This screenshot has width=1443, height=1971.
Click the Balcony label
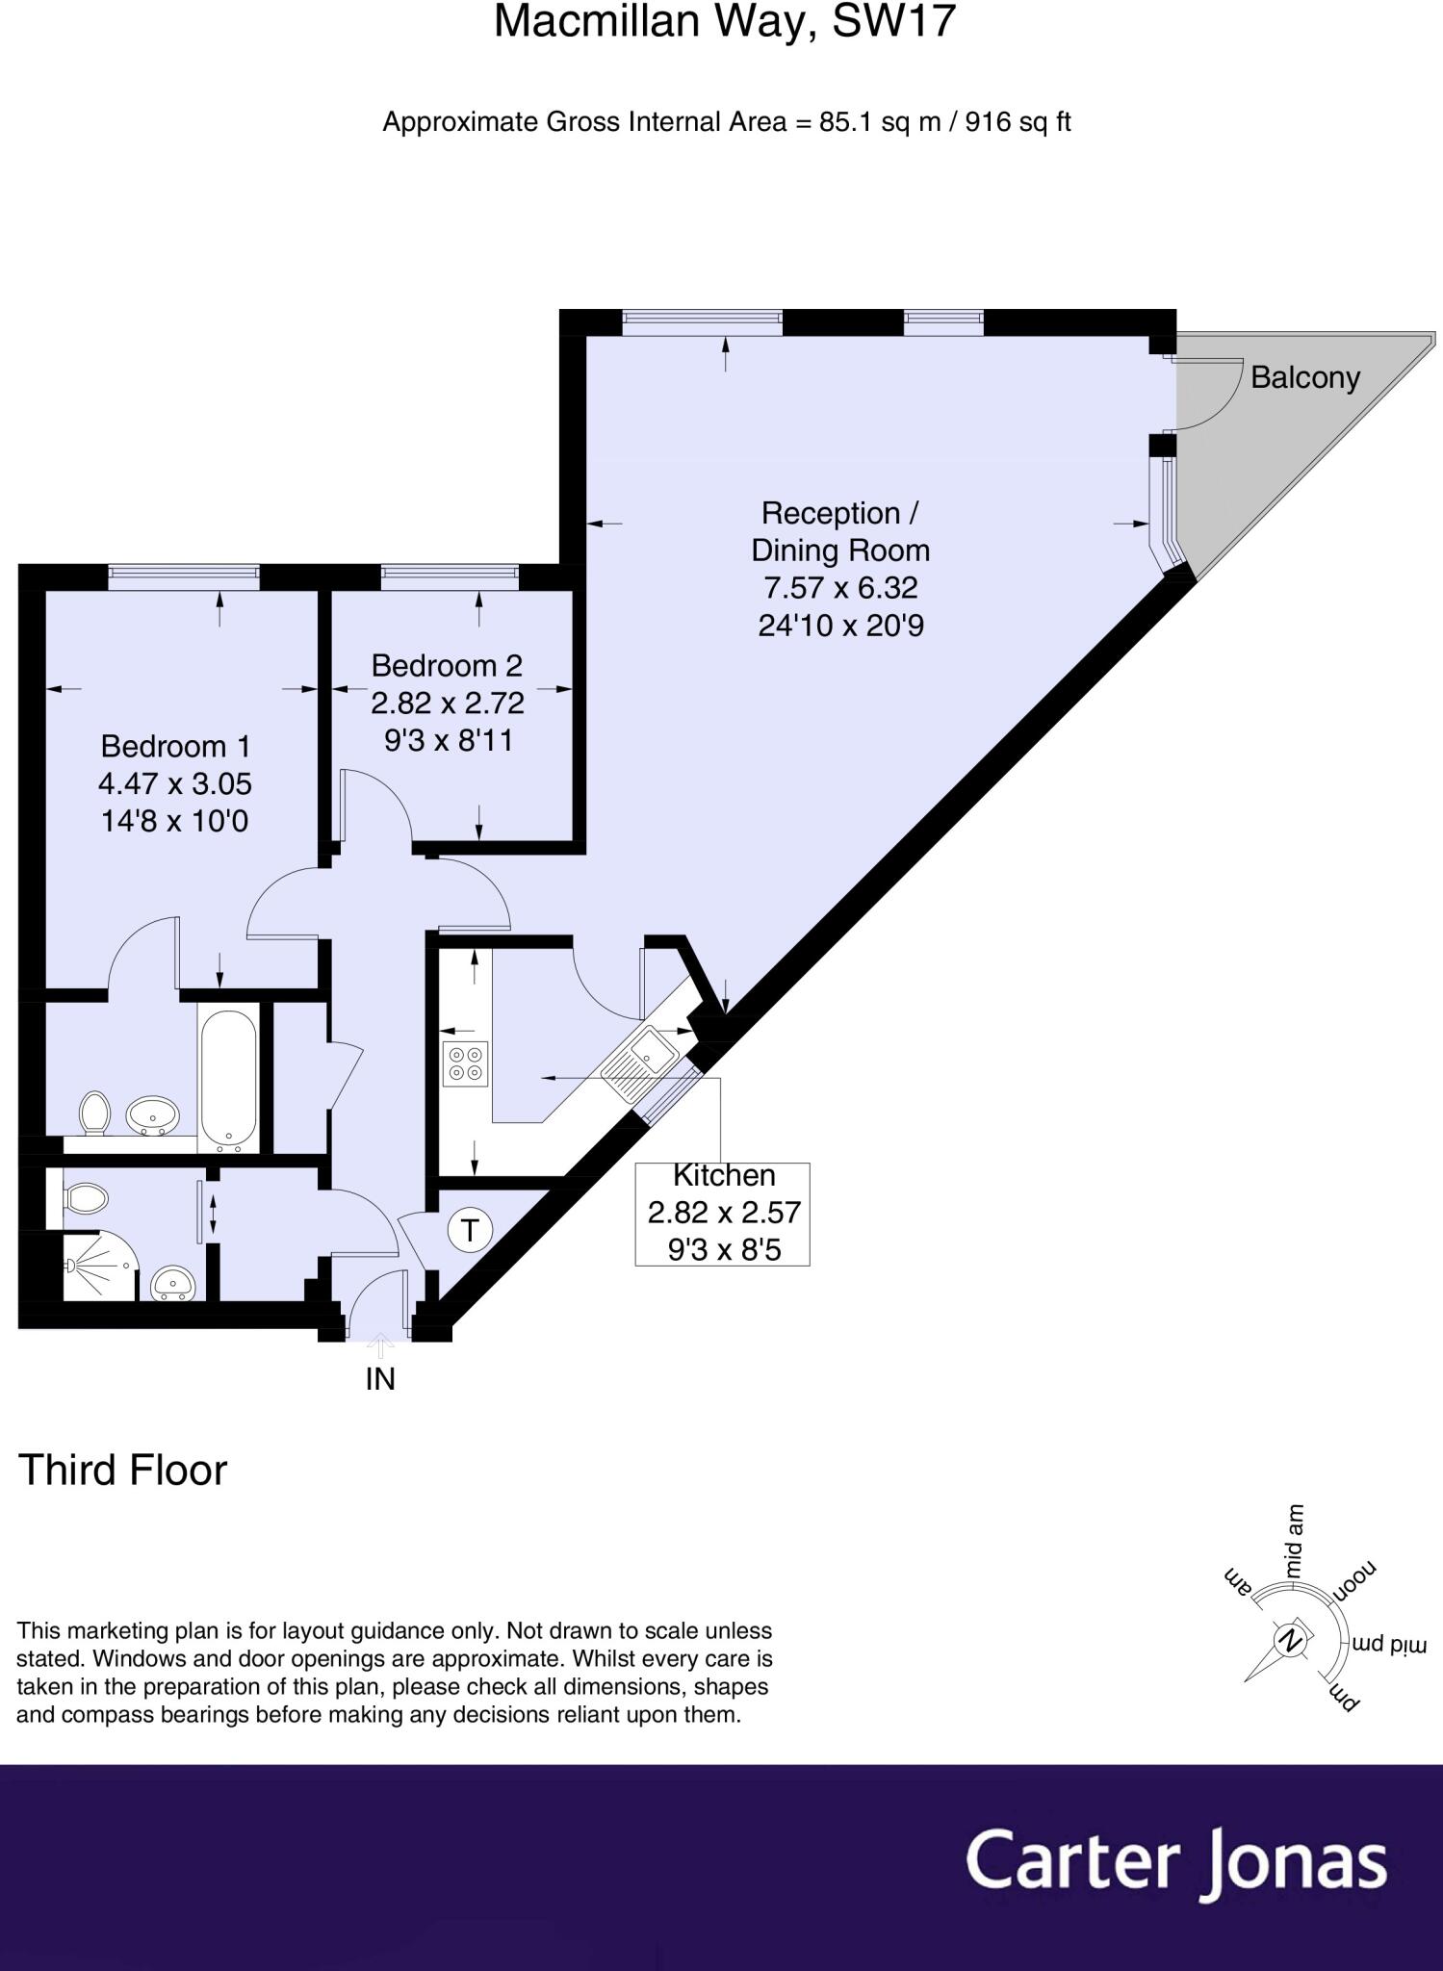[x=1304, y=377]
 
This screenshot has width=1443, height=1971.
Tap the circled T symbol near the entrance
[x=470, y=1230]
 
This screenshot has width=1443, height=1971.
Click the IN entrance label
[x=380, y=1379]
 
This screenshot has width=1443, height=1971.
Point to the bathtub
[x=228, y=1078]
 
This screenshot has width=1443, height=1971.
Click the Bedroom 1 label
[x=175, y=746]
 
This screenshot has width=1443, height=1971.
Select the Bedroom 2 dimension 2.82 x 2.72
[x=448, y=703]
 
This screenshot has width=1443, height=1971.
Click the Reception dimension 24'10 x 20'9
[x=840, y=626]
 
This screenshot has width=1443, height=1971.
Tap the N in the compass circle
[x=1291, y=1640]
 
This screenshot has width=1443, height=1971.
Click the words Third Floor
[x=122, y=1470]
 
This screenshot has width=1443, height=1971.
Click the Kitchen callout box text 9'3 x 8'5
[x=722, y=1249]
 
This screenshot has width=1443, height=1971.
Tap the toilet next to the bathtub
[x=94, y=1113]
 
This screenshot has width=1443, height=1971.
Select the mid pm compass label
[x=1387, y=1643]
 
